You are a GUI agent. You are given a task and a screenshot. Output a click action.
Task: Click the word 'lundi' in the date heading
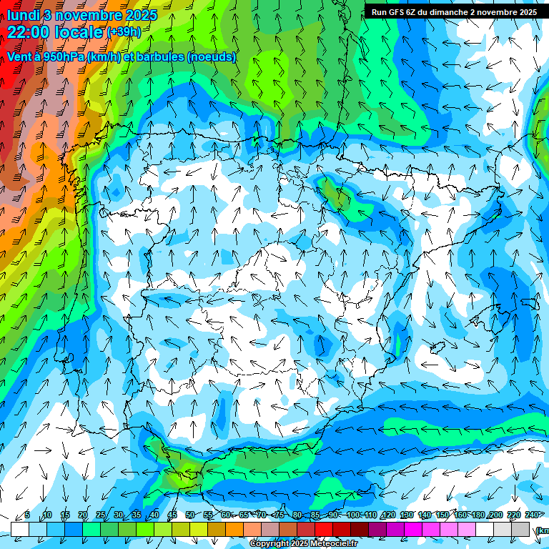click(x=24, y=15)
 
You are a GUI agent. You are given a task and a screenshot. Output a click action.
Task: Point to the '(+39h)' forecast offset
click(x=124, y=32)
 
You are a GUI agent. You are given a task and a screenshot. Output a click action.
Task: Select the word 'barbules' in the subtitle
click(x=157, y=56)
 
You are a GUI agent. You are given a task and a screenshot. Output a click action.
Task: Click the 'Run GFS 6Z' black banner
click(x=455, y=12)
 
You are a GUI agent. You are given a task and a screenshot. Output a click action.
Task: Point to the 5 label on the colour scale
click(x=27, y=515)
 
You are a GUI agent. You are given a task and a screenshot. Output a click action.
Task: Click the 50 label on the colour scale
click(x=189, y=515)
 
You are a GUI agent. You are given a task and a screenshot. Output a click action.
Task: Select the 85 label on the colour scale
click(x=315, y=515)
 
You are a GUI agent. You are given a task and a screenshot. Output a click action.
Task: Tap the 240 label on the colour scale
click(x=532, y=515)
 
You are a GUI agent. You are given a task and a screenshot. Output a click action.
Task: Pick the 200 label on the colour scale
click(x=495, y=515)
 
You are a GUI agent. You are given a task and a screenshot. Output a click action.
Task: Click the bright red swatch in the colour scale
click(x=324, y=529)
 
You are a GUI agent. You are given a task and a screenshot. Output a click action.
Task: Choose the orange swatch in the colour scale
click(x=234, y=529)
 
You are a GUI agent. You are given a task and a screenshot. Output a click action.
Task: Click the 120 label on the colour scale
click(x=388, y=515)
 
